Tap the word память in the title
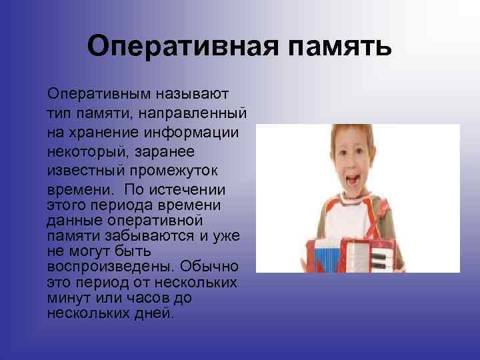coord(335,47)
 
